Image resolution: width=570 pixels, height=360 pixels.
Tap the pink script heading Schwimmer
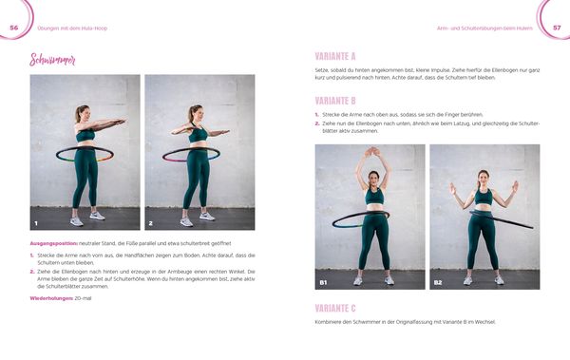(53, 61)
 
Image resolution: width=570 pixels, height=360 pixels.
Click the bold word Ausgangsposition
(53, 243)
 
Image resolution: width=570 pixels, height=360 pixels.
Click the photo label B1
(323, 282)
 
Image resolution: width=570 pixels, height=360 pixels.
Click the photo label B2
(438, 282)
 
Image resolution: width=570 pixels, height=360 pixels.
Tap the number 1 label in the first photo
(35, 223)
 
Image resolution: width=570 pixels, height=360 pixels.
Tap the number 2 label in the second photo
(150, 223)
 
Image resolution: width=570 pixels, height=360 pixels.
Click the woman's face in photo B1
(372, 178)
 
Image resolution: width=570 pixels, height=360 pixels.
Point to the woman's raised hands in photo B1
(371, 151)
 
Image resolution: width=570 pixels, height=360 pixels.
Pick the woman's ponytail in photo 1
(77, 116)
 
